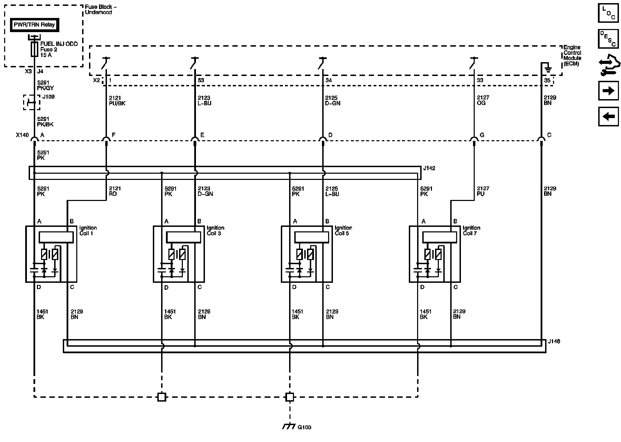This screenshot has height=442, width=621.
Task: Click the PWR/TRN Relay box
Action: tap(34, 25)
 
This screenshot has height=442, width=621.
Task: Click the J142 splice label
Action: tap(429, 169)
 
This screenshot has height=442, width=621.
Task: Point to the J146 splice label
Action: tap(554, 342)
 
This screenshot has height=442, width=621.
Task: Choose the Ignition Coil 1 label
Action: tap(88, 230)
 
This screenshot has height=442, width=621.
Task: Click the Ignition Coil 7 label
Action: tap(471, 230)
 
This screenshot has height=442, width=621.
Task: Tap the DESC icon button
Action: tap(608, 38)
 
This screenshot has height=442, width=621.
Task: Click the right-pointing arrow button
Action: tap(608, 91)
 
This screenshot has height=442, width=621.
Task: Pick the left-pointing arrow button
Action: tap(608, 116)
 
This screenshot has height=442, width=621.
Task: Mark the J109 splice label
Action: tap(48, 97)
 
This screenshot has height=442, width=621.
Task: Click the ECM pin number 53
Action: tap(201, 80)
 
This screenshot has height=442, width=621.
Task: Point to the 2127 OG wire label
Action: tap(483, 100)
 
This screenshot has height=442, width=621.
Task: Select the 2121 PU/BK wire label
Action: tap(117, 100)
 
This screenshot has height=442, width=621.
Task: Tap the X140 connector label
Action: tap(22, 135)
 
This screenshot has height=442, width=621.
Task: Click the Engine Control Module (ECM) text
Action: tap(572, 56)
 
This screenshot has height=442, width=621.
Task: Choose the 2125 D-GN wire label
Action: tap(333, 100)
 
